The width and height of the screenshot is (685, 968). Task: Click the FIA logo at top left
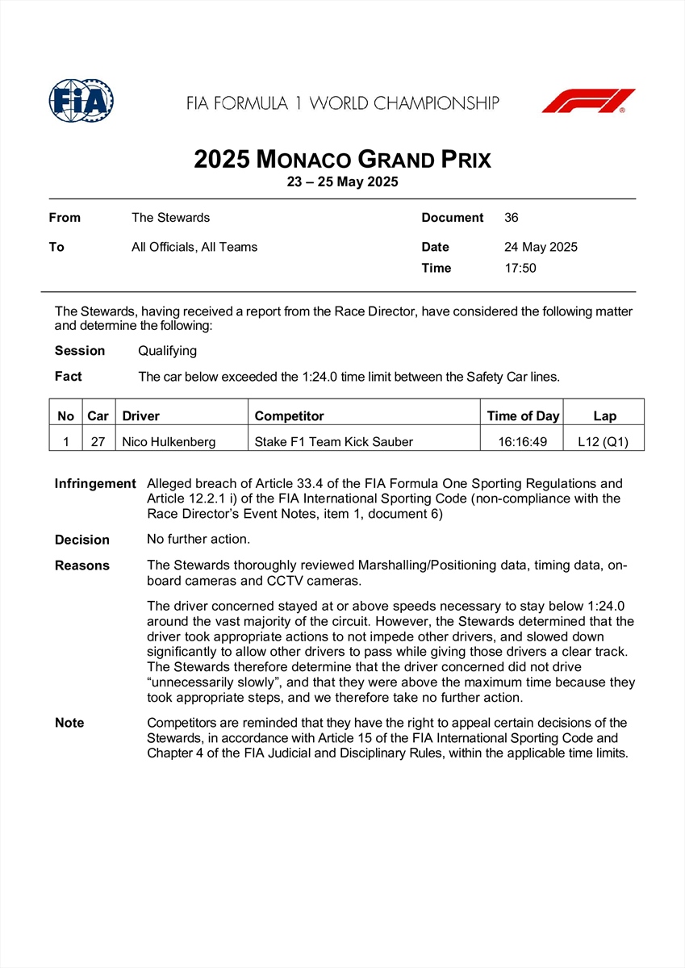[x=81, y=101]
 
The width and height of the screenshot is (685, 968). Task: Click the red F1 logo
[x=588, y=102]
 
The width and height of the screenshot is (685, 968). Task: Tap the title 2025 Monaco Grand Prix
[x=342, y=159]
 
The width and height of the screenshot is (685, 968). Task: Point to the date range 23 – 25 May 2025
[x=342, y=182]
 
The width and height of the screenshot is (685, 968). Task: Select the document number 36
[x=512, y=218]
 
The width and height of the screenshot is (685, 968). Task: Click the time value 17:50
[x=520, y=268]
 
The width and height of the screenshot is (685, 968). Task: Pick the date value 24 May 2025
[x=541, y=247]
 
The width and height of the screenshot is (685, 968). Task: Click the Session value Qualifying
[x=167, y=351]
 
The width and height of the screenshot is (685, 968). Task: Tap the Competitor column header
[x=289, y=416]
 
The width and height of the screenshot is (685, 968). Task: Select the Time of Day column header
[x=523, y=416]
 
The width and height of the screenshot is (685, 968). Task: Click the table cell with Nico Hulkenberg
[x=169, y=441]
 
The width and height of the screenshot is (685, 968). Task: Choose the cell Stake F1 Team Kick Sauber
[x=333, y=441]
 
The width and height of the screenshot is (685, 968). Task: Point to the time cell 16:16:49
[x=523, y=441]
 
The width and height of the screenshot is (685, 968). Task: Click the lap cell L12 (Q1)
[x=604, y=441]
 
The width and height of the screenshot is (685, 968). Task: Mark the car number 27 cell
[x=98, y=441]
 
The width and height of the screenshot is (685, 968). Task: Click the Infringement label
[x=95, y=484]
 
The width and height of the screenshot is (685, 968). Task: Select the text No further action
[x=198, y=540]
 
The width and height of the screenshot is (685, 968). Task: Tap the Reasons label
[x=82, y=565]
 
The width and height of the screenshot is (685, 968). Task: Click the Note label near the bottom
[x=69, y=723]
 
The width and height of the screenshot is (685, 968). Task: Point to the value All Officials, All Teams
[x=194, y=247]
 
